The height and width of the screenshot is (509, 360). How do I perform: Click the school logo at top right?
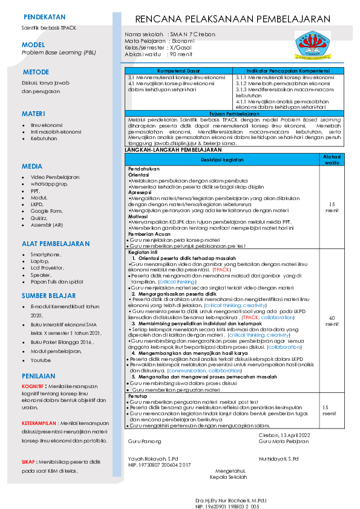313,45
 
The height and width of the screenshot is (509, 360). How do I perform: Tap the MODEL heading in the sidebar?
33,45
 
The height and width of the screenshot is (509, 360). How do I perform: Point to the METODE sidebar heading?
36,71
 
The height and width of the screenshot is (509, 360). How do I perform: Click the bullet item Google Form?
47,211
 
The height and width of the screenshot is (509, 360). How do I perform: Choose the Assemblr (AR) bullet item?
47,225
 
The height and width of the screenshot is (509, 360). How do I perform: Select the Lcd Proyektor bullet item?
47,267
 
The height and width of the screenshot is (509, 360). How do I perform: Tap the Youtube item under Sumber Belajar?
41,360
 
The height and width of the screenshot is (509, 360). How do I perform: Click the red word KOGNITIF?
33,385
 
